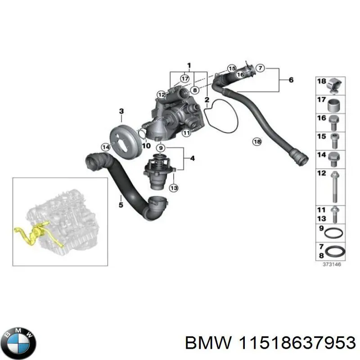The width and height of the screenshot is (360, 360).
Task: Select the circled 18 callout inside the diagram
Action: (256, 142)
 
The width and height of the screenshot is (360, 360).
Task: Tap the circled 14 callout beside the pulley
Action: (106, 147)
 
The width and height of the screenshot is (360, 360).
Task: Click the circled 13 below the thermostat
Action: (174, 188)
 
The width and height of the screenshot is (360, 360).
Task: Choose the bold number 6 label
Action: (291, 80)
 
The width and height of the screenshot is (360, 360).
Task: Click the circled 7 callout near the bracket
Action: (260, 68)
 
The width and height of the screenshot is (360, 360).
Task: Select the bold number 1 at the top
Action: (189, 65)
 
